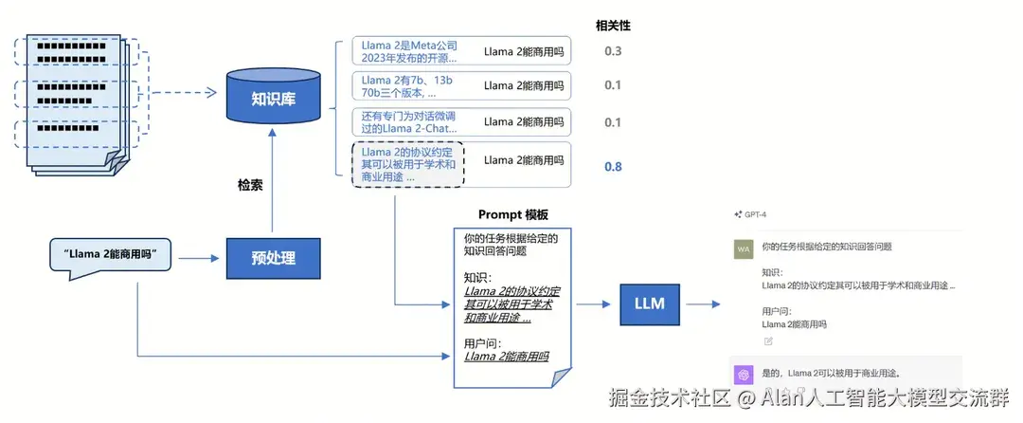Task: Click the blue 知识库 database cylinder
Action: [273, 99]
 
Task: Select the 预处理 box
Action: [273, 257]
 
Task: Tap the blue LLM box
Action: [649, 303]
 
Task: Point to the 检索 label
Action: [250, 185]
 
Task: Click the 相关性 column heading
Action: [612, 26]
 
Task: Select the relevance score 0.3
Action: [613, 51]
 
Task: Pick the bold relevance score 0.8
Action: [613, 166]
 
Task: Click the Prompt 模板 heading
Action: [512, 214]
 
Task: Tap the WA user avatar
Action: [744, 248]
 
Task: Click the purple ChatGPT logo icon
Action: [744, 373]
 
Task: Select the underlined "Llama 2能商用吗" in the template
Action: [507, 357]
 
